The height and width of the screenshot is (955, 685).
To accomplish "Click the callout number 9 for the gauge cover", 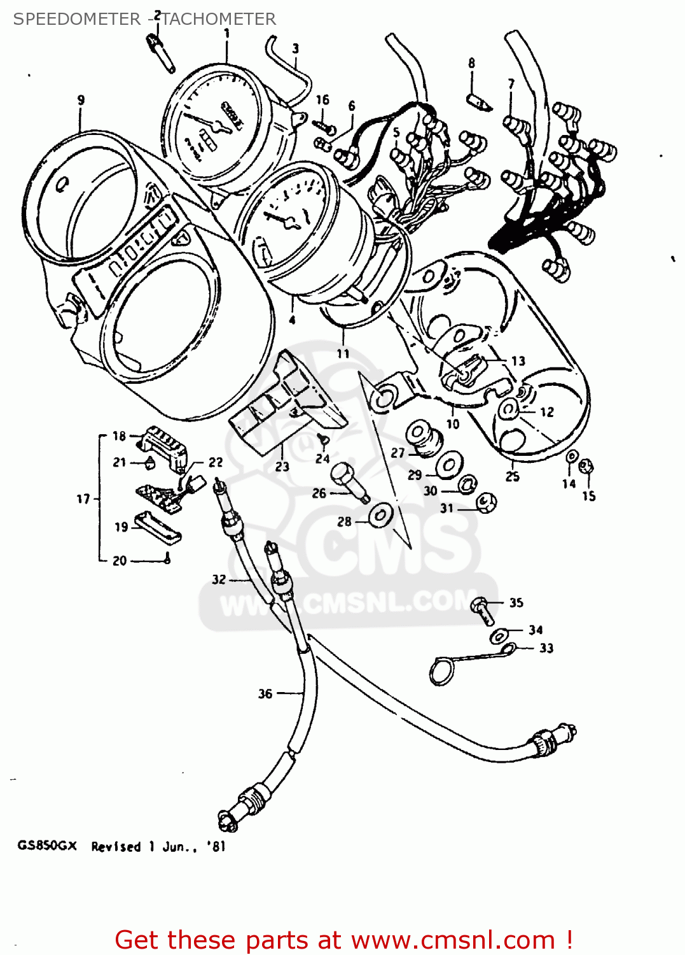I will pyautogui.click(x=81, y=100).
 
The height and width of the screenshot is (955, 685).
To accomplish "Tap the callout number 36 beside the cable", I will pyautogui.click(x=265, y=693).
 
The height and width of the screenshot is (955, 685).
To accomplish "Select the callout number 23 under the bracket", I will pyautogui.click(x=282, y=467).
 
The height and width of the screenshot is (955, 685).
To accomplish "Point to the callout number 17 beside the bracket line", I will pyautogui.click(x=83, y=499).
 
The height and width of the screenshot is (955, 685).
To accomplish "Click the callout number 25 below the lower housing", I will pyautogui.click(x=513, y=476).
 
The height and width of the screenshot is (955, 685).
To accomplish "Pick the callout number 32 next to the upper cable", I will pyautogui.click(x=219, y=579).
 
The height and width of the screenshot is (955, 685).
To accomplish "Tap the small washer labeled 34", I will pyautogui.click(x=499, y=635).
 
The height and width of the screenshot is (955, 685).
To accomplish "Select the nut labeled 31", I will pyautogui.click(x=487, y=504).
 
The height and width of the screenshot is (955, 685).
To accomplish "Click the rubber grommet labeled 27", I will pyautogui.click(x=422, y=437).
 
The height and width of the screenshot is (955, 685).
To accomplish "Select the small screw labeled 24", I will pyautogui.click(x=322, y=439).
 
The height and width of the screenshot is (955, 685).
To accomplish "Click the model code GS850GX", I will pyautogui.click(x=47, y=846).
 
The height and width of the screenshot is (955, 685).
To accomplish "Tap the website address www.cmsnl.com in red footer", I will pyautogui.click(x=453, y=940).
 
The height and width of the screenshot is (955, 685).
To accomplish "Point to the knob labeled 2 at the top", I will pyautogui.click(x=160, y=51).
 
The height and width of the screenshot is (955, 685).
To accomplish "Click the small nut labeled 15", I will pyautogui.click(x=588, y=468).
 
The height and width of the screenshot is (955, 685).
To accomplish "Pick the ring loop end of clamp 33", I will pyautogui.click(x=440, y=671).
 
